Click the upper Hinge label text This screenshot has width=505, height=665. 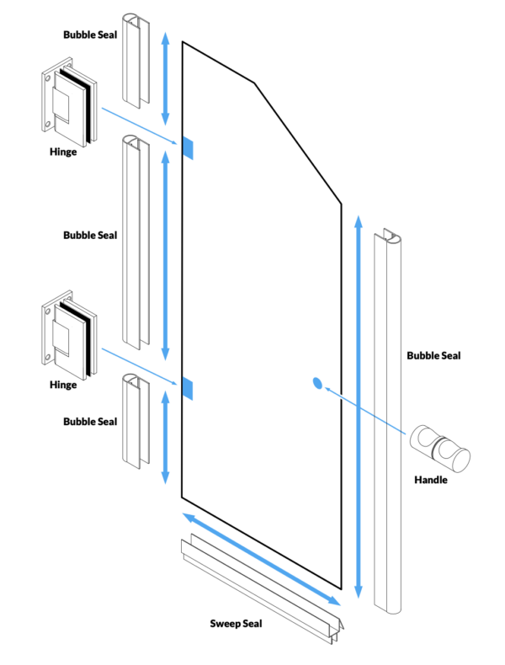[x=63, y=152]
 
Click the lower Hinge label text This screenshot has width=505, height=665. [x=63, y=385]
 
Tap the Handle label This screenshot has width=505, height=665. [x=431, y=481]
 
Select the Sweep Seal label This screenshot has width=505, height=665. [x=236, y=624]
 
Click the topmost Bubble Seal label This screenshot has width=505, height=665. [x=90, y=35]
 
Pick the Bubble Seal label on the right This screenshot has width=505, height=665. [x=433, y=355]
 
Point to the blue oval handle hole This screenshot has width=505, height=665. [x=317, y=384]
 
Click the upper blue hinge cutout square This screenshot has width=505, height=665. [x=187, y=148]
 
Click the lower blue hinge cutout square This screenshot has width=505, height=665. [x=187, y=387]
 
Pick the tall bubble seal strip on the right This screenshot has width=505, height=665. [x=390, y=421]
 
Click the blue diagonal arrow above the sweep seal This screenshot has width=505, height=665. [x=261, y=558]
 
